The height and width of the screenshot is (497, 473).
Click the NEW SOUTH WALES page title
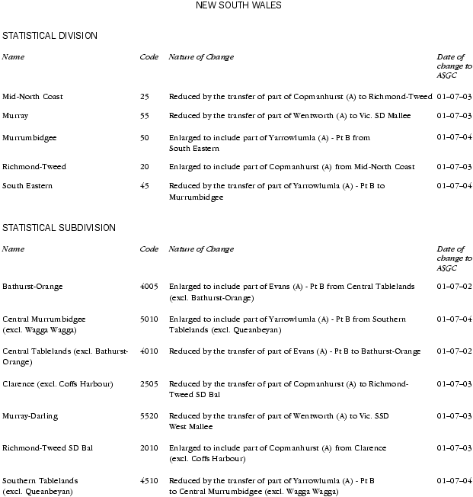pyautogui.click(x=238, y=5)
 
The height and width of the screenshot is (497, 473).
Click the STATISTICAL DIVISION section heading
pyautogui.click(x=50, y=36)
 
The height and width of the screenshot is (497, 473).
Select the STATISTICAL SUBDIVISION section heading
pyautogui.click(x=59, y=228)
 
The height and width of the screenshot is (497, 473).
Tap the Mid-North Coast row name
pyautogui.click(x=33, y=97)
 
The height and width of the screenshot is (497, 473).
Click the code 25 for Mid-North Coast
pyautogui.click(x=145, y=97)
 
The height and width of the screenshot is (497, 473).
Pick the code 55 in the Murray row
pyautogui.click(x=145, y=116)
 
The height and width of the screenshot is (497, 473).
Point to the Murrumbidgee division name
pyautogui.click(x=30, y=138)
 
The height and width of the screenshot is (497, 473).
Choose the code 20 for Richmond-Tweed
pyautogui.click(x=145, y=167)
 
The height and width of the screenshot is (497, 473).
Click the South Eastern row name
pyautogui.click(x=27, y=186)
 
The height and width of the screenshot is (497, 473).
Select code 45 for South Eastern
pyautogui.click(x=145, y=186)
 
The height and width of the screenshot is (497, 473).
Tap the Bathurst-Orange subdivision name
pyautogui.click(x=33, y=287)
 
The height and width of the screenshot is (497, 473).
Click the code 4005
pyautogui.click(x=149, y=287)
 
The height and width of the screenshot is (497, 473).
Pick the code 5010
pyautogui.click(x=149, y=319)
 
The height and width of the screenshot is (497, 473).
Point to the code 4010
pyautogui.click(x=149, y=351)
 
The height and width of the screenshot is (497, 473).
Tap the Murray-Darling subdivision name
pyautogui.click(x=30, y=416)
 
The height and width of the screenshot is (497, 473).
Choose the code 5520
pyautogui.click(x=149, y=416)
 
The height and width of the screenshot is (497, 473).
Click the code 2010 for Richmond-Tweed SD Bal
pyautogui.click(x=149, y=448)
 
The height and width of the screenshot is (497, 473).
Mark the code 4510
pyautogui.click(x=149, y=481)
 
